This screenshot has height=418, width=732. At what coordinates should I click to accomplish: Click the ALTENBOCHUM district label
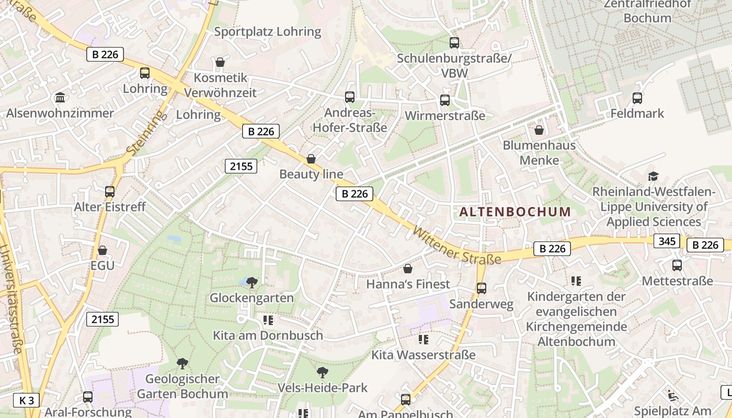[x=515, y=212]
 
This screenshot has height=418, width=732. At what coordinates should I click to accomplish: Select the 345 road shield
[x=666, y=241]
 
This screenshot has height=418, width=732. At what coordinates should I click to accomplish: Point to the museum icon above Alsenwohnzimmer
[x=60, y=98]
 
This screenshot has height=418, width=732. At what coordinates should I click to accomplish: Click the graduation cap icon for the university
[x=653, y=176]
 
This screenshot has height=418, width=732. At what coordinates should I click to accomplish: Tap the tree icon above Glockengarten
[x=252, y=283]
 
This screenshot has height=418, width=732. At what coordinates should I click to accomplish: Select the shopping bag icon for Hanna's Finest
[x=408, y=269]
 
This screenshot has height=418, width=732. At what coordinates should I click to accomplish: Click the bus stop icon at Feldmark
[x=637, y=98]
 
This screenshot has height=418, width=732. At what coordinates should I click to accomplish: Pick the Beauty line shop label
[x=311, y=174]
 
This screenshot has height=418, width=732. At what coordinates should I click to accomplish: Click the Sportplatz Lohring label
[x=268, y=31]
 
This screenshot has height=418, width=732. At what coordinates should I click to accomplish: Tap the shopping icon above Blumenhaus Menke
[x=539, y=130]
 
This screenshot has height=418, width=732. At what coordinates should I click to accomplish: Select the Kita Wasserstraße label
[x=424, y=355]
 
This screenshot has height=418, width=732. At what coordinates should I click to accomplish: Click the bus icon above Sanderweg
[x=482, y=288]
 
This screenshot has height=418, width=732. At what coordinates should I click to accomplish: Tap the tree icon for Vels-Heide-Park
[x=323, y=373]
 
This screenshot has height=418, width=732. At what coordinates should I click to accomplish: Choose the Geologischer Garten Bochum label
[x=182, y=386]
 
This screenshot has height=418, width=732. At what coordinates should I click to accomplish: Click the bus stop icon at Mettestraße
[x=677, y=265]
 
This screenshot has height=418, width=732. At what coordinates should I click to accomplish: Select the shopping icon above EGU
[x=102, y=250]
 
